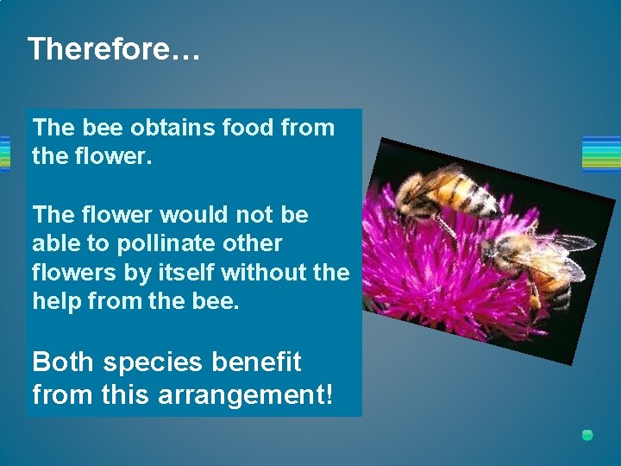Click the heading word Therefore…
(114, 49)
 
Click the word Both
(62, 362)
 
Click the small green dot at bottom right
(587, 435)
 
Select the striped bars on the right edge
(601, 154)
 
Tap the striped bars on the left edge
(4, 154)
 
